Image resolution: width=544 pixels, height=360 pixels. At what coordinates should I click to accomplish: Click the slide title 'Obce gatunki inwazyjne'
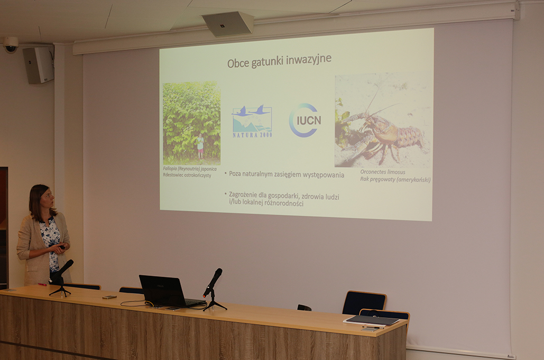279,61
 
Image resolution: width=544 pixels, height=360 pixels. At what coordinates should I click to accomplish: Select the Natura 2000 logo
252,121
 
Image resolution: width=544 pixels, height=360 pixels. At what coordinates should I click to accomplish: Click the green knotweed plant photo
191,123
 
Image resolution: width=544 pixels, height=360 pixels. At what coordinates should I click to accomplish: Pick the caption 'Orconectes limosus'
382,172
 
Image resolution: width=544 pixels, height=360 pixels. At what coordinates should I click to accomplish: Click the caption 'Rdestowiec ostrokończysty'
187,176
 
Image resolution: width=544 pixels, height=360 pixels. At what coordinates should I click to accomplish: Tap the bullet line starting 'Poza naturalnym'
286,174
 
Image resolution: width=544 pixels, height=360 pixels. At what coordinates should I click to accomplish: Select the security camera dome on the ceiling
11,45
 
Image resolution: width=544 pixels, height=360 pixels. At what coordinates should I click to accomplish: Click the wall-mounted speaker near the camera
39,65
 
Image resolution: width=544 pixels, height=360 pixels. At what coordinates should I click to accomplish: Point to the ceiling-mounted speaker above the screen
227,24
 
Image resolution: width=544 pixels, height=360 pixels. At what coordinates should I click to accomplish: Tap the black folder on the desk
371,320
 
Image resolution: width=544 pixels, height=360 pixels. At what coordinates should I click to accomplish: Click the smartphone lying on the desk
109,297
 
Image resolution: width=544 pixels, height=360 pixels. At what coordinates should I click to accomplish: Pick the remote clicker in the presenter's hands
62,247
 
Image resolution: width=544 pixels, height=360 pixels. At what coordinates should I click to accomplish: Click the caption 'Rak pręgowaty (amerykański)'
395,180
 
